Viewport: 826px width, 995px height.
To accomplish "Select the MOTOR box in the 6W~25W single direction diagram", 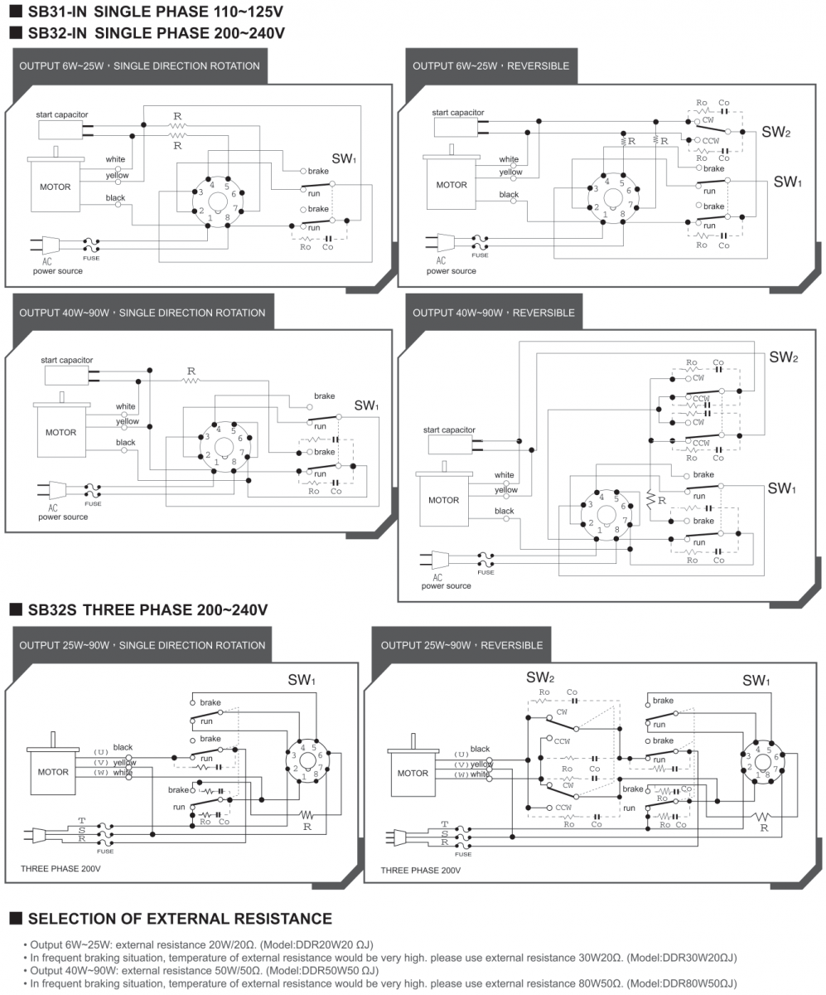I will [56, 187].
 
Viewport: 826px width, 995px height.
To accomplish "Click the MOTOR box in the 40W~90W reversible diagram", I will [444, 501].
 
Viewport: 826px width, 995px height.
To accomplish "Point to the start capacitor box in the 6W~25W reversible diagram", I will [454, 126].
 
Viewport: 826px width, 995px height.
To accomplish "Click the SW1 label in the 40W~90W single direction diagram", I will [366, 405].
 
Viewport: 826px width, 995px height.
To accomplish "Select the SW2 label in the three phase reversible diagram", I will [540, 677].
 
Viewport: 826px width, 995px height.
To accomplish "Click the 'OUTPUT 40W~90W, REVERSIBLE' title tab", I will [494, 313].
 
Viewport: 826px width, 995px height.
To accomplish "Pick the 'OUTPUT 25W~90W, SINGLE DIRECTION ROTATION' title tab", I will [142, 645].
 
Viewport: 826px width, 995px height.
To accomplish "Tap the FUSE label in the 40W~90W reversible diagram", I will [485, 572].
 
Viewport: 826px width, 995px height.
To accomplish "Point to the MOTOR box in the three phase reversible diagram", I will [413, 774].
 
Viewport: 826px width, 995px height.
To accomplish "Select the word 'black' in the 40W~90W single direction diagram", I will [126, 443].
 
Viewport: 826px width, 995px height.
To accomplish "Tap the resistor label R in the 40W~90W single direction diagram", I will [191, 371].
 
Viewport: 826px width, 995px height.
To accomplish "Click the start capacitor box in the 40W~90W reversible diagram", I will [449, 444].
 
